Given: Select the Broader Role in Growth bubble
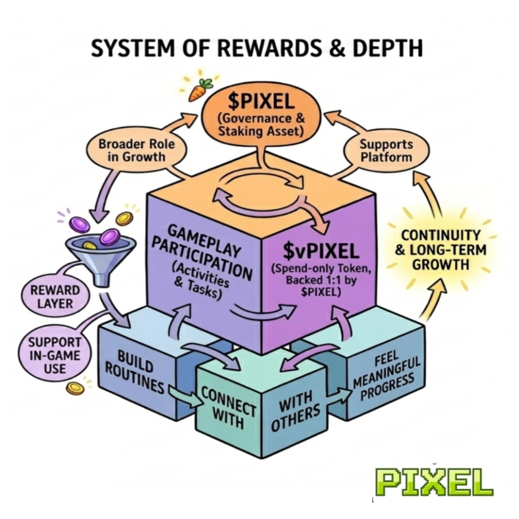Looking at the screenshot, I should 136,150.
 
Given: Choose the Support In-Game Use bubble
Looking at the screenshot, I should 55,354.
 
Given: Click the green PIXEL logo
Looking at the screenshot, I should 434,481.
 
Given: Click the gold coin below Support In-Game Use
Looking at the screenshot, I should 75,388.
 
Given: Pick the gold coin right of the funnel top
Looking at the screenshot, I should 124,218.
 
